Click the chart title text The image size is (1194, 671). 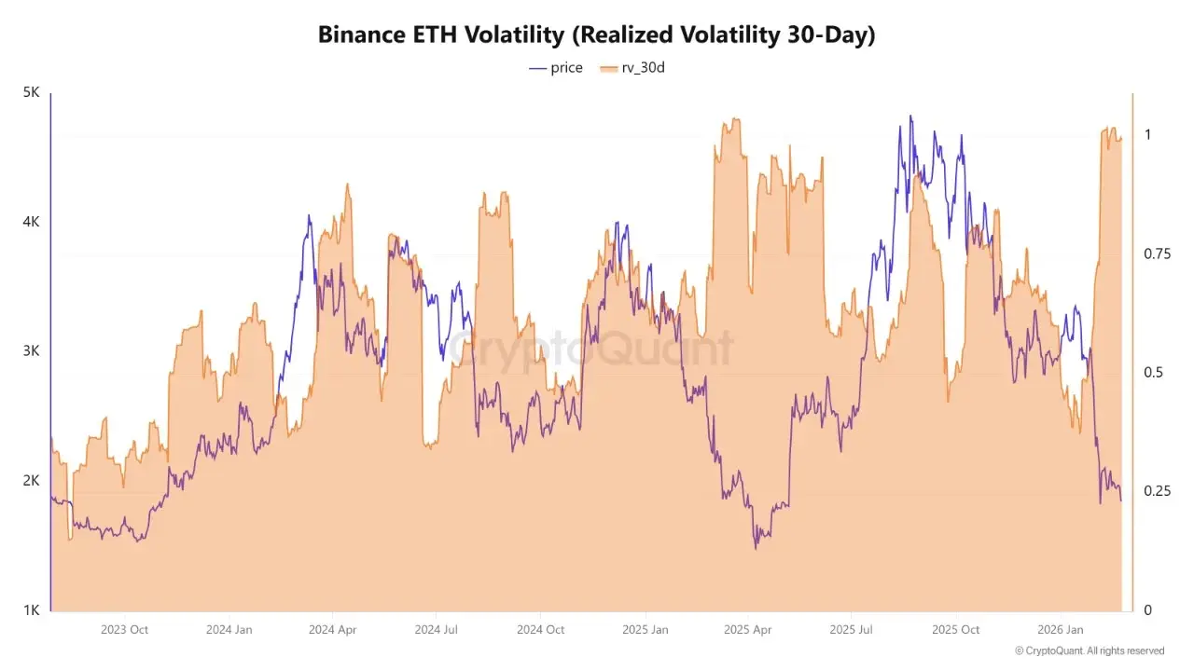pyautogui.click(x=597, y=34)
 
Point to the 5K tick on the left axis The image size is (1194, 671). pyautogui.click(x=30, y=93)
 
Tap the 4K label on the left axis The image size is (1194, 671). pyautogui.click(x=30, y=222)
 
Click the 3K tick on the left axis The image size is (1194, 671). pyautogui.click(x=30, y=351)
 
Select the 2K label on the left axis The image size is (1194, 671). pyautogui.click(x=30, y=481)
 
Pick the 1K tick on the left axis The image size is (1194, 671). pyautogui.click(x=30, y=610)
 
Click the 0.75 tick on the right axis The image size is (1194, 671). pyautogui.click(x=1157, y=253)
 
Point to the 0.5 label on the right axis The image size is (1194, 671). pyautogui.click(x=1153, y=373)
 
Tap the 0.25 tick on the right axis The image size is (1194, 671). pyautogui.click(x=1157, y=491)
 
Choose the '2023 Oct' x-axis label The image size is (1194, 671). pyautogui.click(x=125, y=630)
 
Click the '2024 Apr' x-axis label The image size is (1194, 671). pyautogui.click(x=334, y=630)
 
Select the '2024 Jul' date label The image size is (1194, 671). pyautogui.click(x=437, y=630)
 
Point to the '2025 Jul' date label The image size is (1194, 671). pyautogui.click(x=853, y=630)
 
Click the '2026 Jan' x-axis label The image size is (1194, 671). pyautogui.click(x=1062, y=630)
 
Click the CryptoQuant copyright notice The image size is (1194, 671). pyautogui.click(x=1089, y=651)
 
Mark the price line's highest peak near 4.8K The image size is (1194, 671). pyautogui.click(x=910, y=116)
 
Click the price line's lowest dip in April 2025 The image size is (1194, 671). pyautogui.click(x=756, y=547)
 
